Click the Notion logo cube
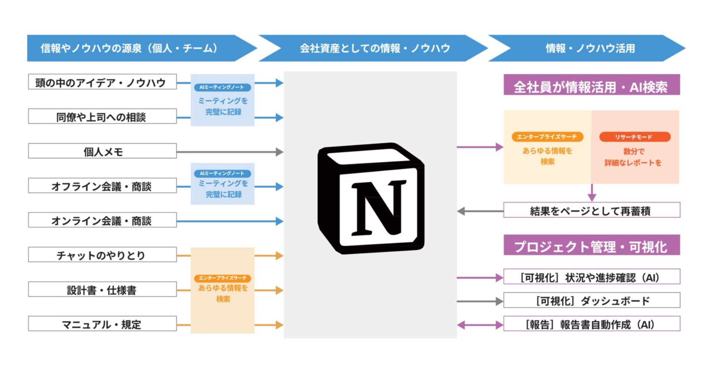click(371, 198)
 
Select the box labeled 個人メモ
click(102, 151)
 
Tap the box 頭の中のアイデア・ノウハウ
click(102, 82)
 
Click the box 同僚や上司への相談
click(102, 117)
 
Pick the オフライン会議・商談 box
click(102, 186)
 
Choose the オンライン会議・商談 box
click(102, 220)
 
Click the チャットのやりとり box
click(102, 255)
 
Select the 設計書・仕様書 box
click(102, 290)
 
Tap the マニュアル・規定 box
click(102, 324)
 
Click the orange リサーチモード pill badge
click(635, 137)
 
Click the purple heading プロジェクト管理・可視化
click(591, 245)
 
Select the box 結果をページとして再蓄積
click(591, 210)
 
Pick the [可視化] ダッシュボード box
click(591, 301)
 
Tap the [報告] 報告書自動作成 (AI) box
click(591, 324)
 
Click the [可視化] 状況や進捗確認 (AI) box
click(591, 277)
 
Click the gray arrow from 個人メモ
click(229, 152)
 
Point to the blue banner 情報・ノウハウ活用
click(590, 48)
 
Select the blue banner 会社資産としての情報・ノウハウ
click(374, 48)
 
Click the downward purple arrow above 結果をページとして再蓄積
click(592, 192)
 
